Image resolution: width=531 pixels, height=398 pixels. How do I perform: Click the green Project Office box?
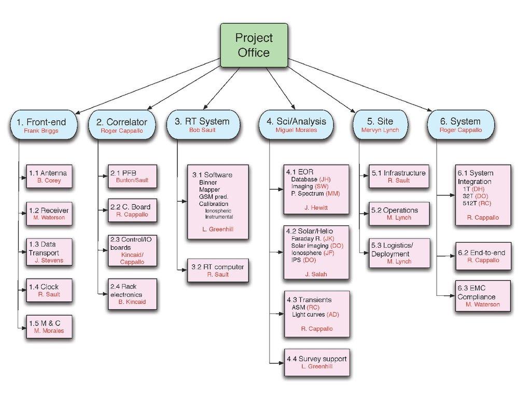[x=254, y=45]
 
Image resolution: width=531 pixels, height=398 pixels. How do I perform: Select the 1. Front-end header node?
[x=45, y=125]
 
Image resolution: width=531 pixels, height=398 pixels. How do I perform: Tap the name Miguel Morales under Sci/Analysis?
[x=296, y=131]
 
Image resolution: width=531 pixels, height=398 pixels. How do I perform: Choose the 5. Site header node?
[x=380, y=125]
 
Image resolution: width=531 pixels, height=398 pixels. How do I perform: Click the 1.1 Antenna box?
[x=49, y=176]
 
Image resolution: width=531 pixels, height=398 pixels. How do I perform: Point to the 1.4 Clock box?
[x=49, y=290]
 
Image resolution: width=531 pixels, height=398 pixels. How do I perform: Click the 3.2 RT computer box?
[x=217, y=270]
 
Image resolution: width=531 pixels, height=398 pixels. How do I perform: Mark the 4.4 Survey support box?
[x=316, y=362]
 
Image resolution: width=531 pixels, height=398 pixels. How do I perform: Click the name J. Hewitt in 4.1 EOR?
[x=316, y=208]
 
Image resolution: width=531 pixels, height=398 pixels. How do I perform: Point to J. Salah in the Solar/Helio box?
[x=316, y=274]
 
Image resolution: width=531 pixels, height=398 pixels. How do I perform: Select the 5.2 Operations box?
[x=399, y=214]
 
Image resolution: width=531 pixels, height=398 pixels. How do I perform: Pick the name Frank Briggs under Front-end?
[x=41, y=131]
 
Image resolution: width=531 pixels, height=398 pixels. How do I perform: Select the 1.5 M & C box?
[x=49, y=326]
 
